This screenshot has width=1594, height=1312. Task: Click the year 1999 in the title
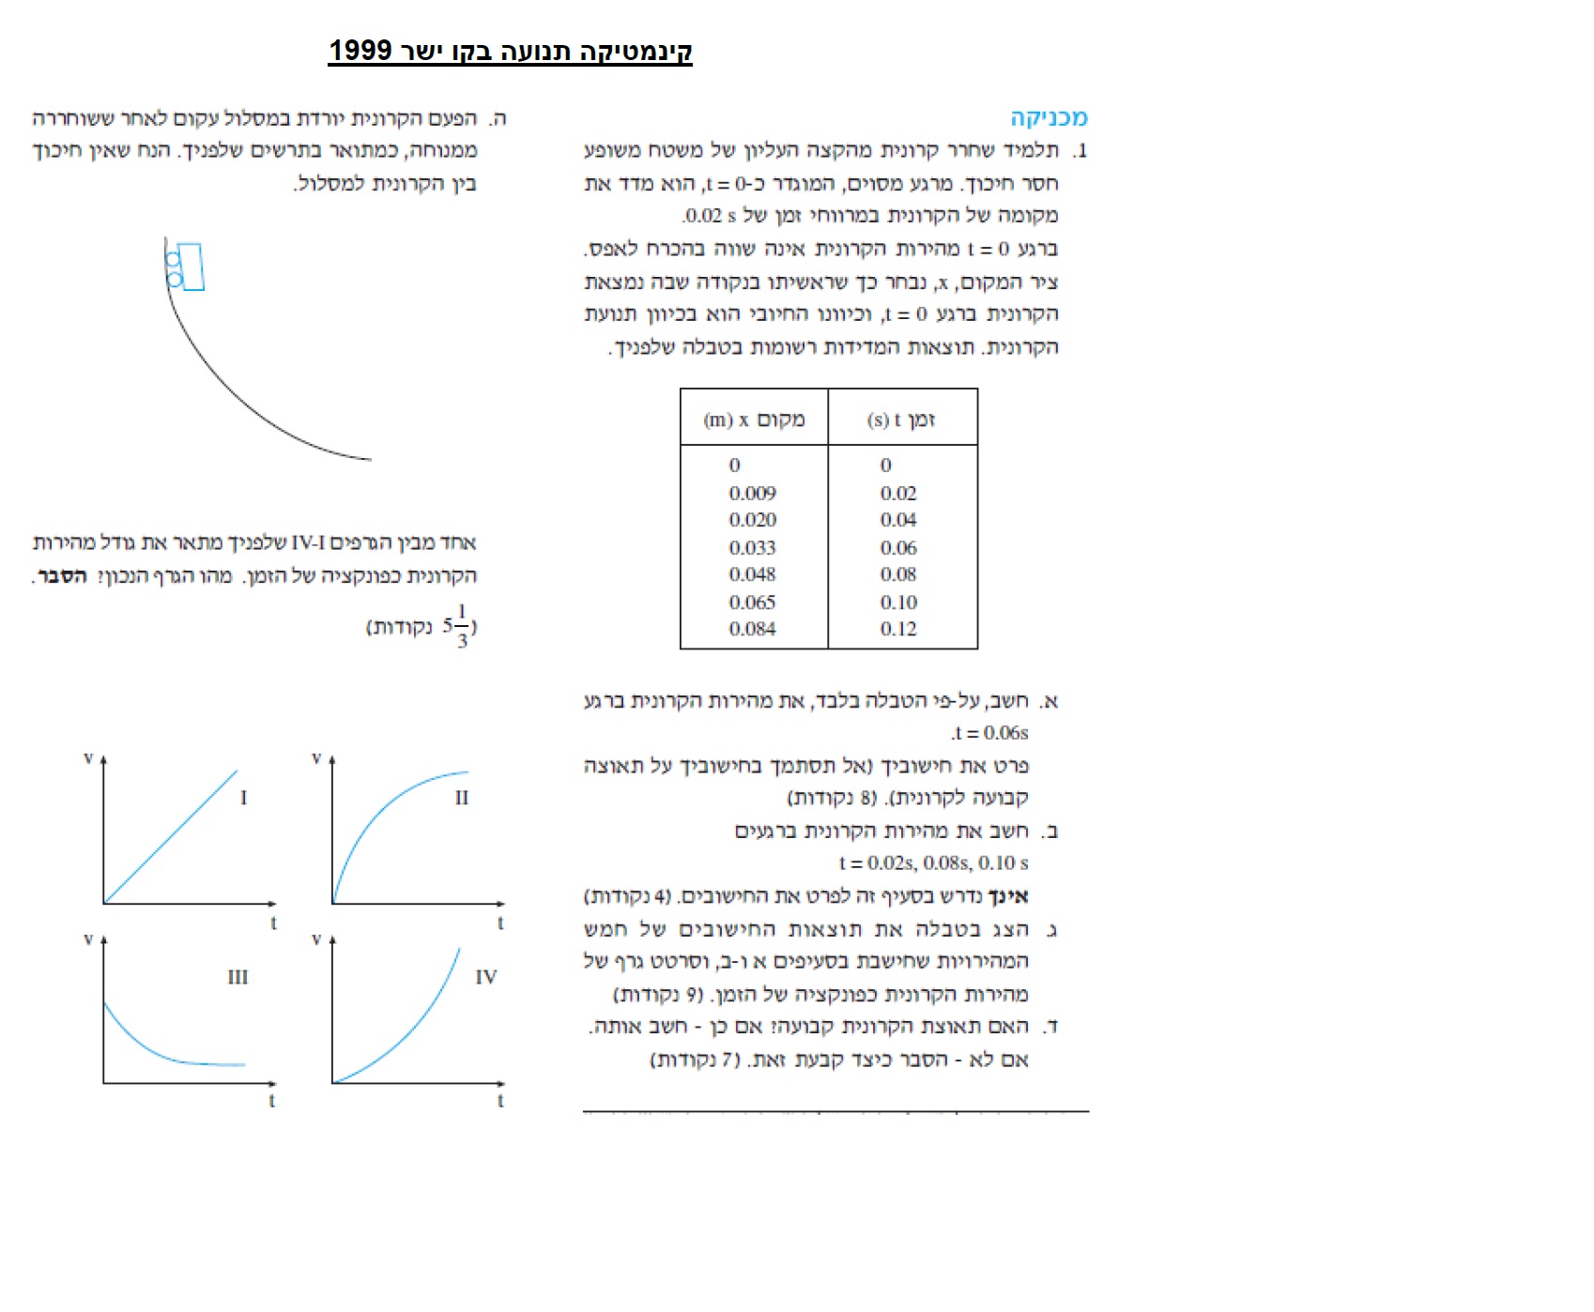click(x=360, y=51)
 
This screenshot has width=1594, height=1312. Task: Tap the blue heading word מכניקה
click(x=1049, y=118)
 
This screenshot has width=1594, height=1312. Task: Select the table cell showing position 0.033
click(x=752, y=547)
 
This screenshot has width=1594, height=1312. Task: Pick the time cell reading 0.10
click(x=898, y=602)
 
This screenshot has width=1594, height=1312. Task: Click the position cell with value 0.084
click(x=752, y=629)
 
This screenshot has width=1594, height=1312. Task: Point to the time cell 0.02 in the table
click(x=898, y=493)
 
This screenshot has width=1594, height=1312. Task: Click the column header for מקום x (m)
click(x=754, y=420)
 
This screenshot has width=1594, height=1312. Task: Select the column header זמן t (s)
click(x=901, y=420)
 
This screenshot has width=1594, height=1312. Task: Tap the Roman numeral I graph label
click(x=243, y=798)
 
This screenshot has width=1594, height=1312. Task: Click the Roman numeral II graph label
click(x=461, y=798)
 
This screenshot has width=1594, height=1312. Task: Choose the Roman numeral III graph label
click(x=238, y=977)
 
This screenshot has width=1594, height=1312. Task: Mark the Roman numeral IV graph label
click(x=485, y=977)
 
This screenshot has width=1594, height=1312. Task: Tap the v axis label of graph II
click(x=316, y=758)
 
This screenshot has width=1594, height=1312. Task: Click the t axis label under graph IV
click(x=500, y=1101)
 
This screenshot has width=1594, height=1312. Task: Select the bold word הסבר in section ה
click(x=62, y=576)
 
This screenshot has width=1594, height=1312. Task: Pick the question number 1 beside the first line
click(x=1081, y=150)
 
